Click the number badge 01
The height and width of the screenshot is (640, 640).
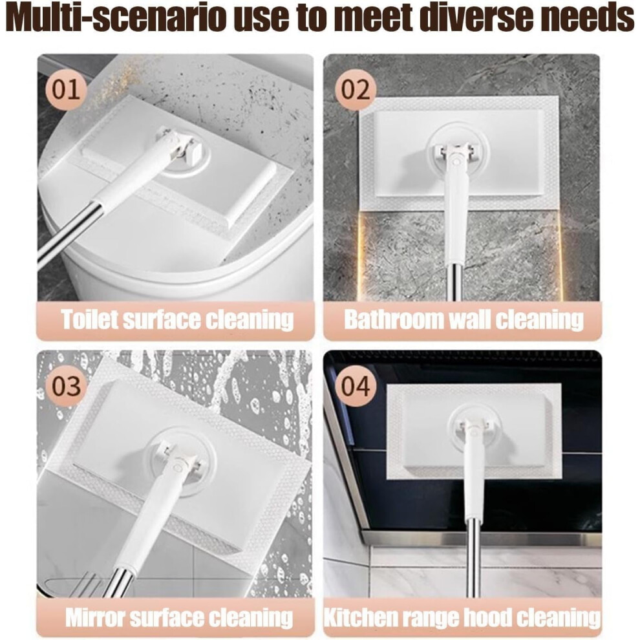tap(66, 90)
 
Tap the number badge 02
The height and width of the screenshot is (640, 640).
tap(355, 90)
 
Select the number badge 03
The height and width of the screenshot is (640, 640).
tap(66, 386)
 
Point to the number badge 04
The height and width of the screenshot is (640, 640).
tap(355, 386)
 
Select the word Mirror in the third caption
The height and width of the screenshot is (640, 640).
tap(95, 617)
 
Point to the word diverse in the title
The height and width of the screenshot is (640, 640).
tap(484, 18)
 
